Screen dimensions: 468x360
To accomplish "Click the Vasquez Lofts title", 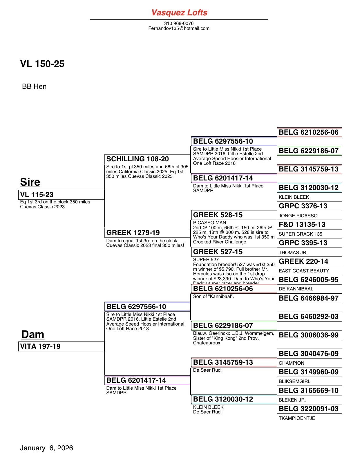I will coord(179,12).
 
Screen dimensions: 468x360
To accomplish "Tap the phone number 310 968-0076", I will coord(179,23).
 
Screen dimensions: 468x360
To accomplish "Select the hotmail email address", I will coord(179,28).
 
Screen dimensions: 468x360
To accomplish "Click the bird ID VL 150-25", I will coord(42,64).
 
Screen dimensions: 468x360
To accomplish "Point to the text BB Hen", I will coord(34,86).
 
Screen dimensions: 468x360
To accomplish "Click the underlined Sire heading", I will coord(30,182).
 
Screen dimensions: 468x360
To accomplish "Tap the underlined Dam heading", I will coord(32,334).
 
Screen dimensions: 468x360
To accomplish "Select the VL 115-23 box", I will coord(61,195).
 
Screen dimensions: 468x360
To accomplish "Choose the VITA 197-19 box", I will coord(61,346).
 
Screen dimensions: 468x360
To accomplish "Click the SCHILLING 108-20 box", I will coord(147,159).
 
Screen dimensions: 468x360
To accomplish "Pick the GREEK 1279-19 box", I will coord(147,233).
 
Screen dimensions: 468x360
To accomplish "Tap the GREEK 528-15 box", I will coord(234,215).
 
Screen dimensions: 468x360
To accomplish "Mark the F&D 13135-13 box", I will coord(309,225).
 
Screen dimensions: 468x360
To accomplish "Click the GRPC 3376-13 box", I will coord(309,206).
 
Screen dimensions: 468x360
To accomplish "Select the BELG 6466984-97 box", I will coord(309,298).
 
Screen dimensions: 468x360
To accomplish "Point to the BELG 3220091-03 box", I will coord(309,409).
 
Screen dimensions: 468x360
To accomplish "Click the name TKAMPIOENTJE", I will coord(297,418).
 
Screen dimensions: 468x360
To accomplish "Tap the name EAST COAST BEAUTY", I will coord(304,271).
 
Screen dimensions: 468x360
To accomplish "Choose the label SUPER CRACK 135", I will coord(300,234).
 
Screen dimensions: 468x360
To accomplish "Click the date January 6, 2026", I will coord(46,448).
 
